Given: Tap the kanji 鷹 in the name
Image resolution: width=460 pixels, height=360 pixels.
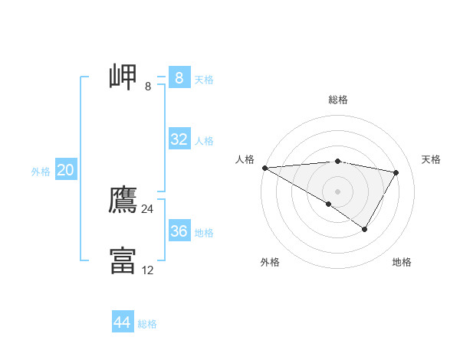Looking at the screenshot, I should [x=123, y=199].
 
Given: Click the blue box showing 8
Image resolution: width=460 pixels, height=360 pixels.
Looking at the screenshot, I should [x=179, y=78].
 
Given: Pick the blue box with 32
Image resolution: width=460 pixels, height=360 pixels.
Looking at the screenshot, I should [x=179, y=139].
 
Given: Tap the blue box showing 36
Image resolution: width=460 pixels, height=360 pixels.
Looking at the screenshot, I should [x=179, y=231].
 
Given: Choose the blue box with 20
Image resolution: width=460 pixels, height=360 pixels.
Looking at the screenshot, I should [x=65, y=170].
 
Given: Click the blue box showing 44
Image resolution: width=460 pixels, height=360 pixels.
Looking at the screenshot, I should [x=122, y=322].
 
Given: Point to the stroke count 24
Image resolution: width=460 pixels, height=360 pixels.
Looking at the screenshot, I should [x=147, y=209].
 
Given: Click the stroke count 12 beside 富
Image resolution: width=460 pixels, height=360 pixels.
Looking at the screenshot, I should [x=147, y=270].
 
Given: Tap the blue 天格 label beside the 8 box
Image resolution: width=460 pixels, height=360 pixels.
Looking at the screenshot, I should [x=203, y=79].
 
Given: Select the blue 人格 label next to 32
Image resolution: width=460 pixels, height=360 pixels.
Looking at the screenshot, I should [x=203, y=141].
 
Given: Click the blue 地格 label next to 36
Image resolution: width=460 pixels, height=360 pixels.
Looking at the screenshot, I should [x=203, y=233].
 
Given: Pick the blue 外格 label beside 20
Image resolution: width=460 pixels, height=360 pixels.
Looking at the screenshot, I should [x=41, y=172].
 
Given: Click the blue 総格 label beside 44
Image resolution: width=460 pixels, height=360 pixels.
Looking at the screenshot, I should [x=147, y=324].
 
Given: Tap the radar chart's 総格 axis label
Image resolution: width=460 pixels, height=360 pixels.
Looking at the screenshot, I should [x=337, y=100].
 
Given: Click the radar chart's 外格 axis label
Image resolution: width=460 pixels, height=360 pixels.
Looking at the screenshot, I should [x=270, y=262].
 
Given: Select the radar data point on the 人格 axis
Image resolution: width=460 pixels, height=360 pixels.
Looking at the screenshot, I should [x=264, y=168].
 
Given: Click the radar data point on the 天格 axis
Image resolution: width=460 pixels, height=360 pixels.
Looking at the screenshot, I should [x=396, y=172].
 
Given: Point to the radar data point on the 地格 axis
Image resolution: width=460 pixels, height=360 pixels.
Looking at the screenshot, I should [x=365, y=229].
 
